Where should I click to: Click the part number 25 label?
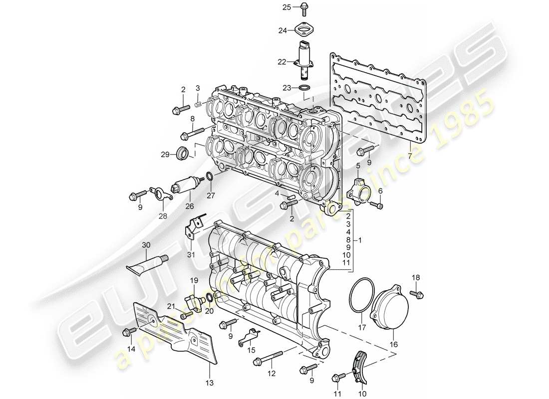286,7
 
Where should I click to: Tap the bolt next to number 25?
304,7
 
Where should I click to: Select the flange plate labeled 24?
304,30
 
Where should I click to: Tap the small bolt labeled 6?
378,205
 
